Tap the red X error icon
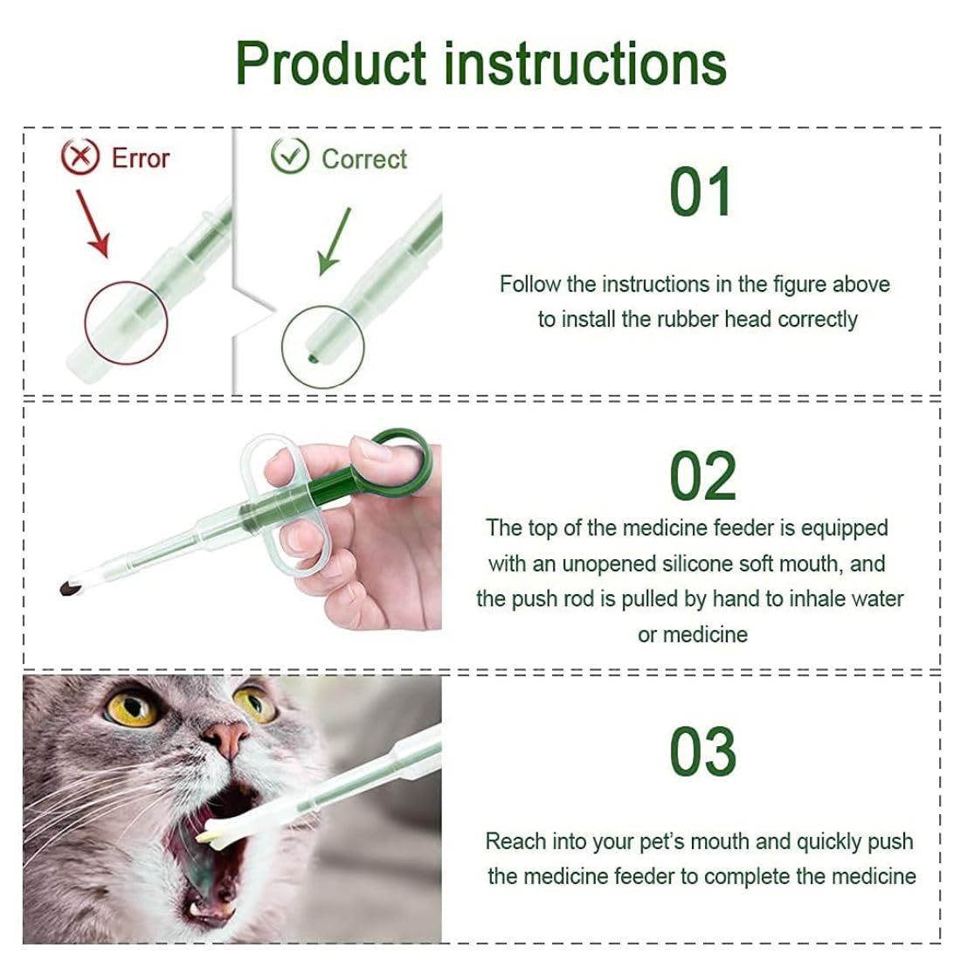[x=80, y=157]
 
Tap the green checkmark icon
[x=290, y=157]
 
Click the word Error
[x=140, y=158]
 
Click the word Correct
[x=364, y=159]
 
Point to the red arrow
[x=93, y=224]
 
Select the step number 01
[x=700, y=193]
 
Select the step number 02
[x=702, y=477]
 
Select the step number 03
[x=702, y=751]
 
